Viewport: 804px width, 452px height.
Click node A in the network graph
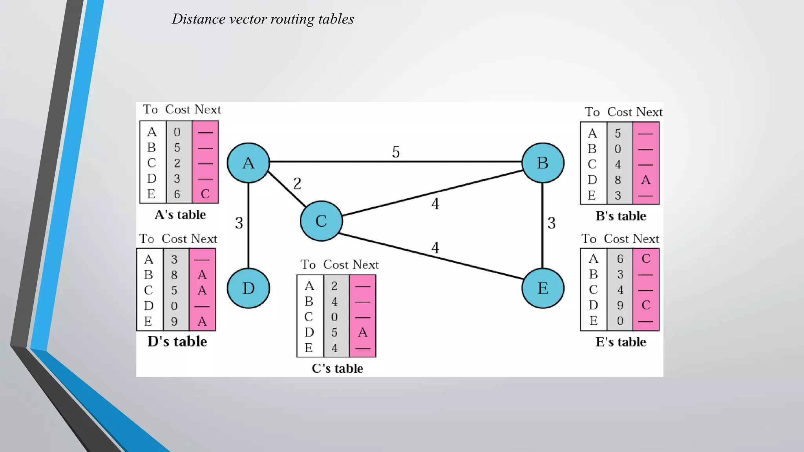coord(248,163)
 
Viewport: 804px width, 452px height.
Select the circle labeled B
coord(543,163)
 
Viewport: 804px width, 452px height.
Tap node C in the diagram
coord(321,221)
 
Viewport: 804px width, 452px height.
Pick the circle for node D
coord(248,288)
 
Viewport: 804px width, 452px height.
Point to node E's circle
coord(543,288)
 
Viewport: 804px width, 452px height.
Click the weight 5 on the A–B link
coord(396,152)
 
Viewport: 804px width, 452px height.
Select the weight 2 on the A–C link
coord(297,184)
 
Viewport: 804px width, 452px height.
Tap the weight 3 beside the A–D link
coord(239,223)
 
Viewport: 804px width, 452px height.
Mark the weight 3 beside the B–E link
coord(552,223)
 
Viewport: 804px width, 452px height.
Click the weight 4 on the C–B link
coord(435,204)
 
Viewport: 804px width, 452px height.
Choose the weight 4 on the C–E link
coord(435,248)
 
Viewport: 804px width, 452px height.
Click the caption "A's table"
coord(180,215)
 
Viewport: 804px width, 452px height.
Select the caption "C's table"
coord(337,368)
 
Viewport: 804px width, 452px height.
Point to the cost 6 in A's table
coord(177,194)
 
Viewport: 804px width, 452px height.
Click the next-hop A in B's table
coord(646,180)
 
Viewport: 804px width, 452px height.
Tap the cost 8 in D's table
coord(174,275)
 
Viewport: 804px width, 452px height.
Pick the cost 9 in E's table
coord(620,305)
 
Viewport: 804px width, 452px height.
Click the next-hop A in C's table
coord(363,332)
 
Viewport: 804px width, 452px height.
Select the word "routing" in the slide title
coord(292,19)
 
